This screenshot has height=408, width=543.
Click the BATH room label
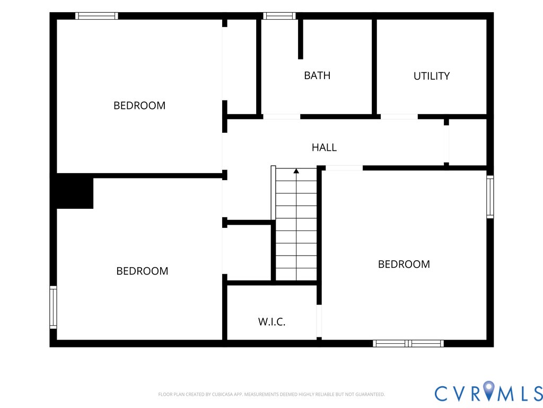pyautogui.click(x=317, y=75)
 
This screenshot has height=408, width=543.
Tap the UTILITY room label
pyautogui.click(x=432, y=76)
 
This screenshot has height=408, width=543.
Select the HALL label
pyautogui.click(x=324, y=148)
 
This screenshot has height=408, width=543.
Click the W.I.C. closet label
pyautogui.click(x=272, y=321)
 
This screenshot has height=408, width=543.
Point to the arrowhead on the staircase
pyautogui.click(x=296, y=171)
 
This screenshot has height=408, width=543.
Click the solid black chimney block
pyautogui.click(x=75, y=191)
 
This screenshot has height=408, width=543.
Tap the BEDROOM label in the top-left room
pyautogui.click(x=139, y=106)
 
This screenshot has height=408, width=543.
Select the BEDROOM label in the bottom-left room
pyautogui.click(x=142, y=271)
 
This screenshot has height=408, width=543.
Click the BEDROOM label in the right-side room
pyautogui.click(x=404, y=265)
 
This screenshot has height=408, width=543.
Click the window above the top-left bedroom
pyautogui.click(x=97, y=16)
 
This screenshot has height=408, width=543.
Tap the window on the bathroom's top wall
pyautogui.click(x=279, y=16)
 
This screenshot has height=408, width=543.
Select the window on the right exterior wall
pyautogui.click(x=490, y=197)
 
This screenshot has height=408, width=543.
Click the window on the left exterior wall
pyautogui.click(x=53, y=307)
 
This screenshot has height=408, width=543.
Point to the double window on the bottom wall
pyautogui.click(x=408, y=344)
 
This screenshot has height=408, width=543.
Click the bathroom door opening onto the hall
pyautogui.click(x=282, y=116)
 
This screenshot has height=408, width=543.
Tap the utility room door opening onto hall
pyautogui.click(x=399, y=116)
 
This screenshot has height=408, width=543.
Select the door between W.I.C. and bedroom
pyautogui.click(x=319, y=321)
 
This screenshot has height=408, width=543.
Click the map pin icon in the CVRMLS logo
pyautogui.click(x=489, y=390)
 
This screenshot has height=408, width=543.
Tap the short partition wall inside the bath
pyautogui.click(x=301, y=39)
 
